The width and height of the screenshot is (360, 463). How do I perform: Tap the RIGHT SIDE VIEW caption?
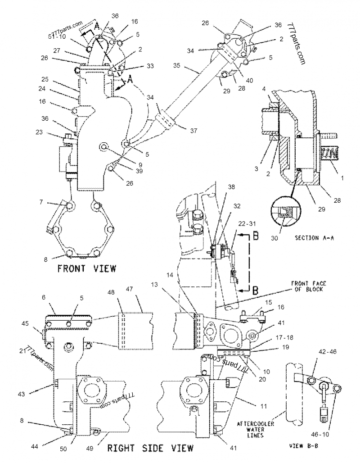point(150,448)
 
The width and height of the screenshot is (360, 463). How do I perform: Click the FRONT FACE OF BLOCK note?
point(309,286)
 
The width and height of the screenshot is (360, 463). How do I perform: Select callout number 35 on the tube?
point(177,65)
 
